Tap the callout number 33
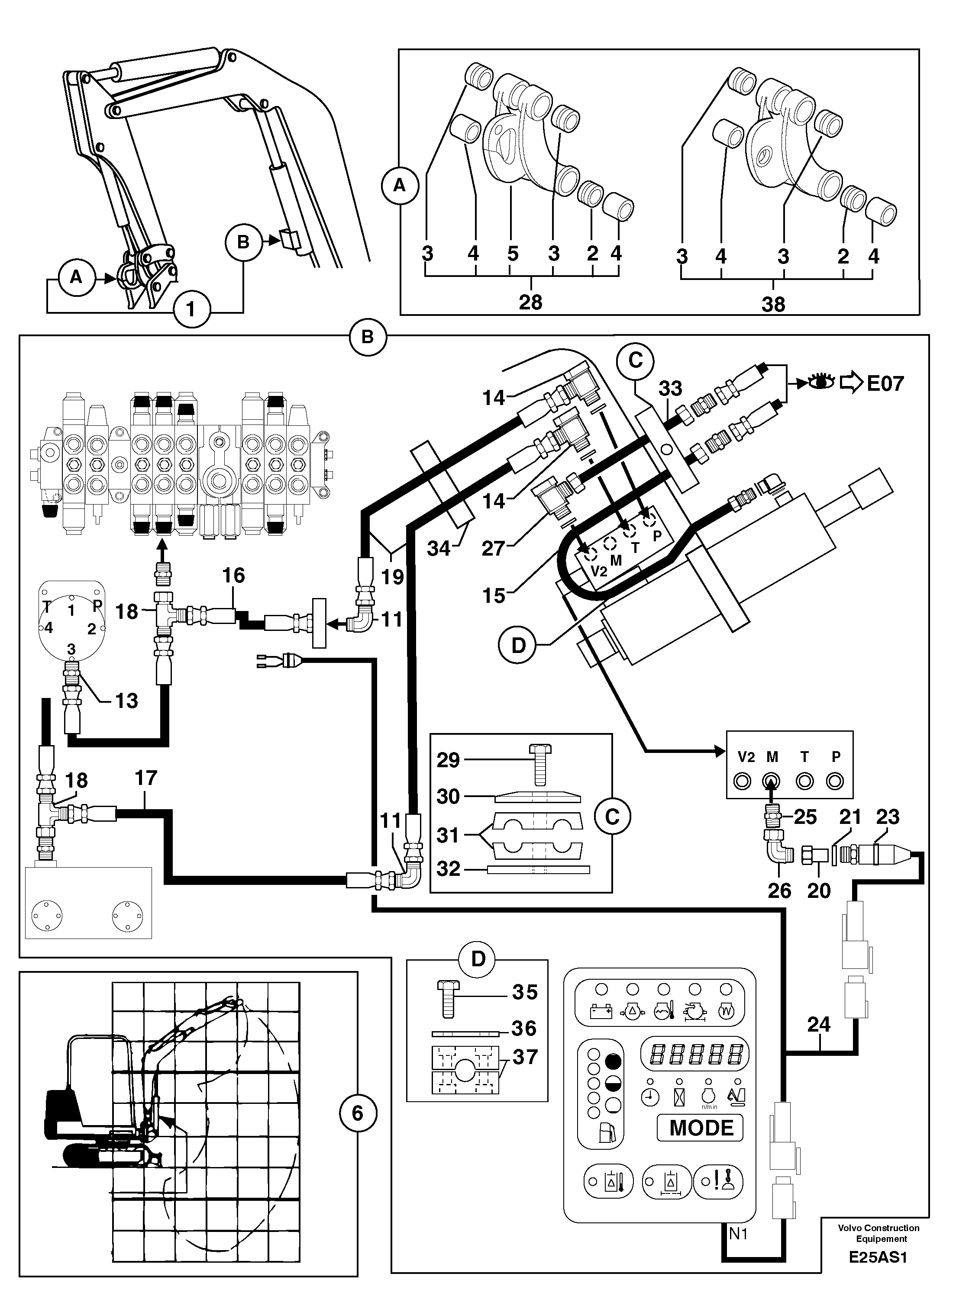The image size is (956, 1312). (x=670, y=389)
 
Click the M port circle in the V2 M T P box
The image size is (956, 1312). (x=772, y=781)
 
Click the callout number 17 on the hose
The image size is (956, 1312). (x=146, y=778)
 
